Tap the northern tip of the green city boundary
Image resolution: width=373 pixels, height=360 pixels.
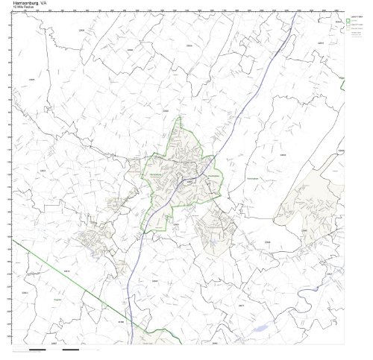tap(179, 117)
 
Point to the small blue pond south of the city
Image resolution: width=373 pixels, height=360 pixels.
tap(212, 243)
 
